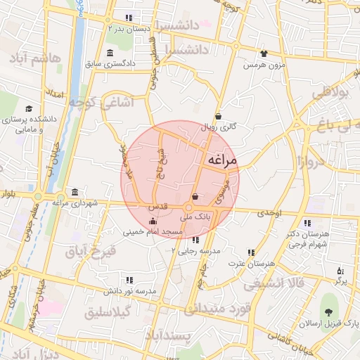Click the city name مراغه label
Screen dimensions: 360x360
pos(221,162)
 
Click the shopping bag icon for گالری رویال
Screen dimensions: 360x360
pos(218,117)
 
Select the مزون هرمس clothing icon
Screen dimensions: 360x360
pos(264,53)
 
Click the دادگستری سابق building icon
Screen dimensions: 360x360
pos(109,53)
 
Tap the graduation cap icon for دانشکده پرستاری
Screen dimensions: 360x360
pos(29,109)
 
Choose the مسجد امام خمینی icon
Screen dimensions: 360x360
pos(153,223)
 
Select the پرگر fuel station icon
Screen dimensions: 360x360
pos(341,271)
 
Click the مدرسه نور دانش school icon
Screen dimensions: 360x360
pos(128,280)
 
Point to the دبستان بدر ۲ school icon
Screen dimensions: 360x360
pos(128,18)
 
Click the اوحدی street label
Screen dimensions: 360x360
pos(269,212)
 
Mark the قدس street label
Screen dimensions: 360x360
pos(155,208)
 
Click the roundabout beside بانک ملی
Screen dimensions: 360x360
pos(188,208)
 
